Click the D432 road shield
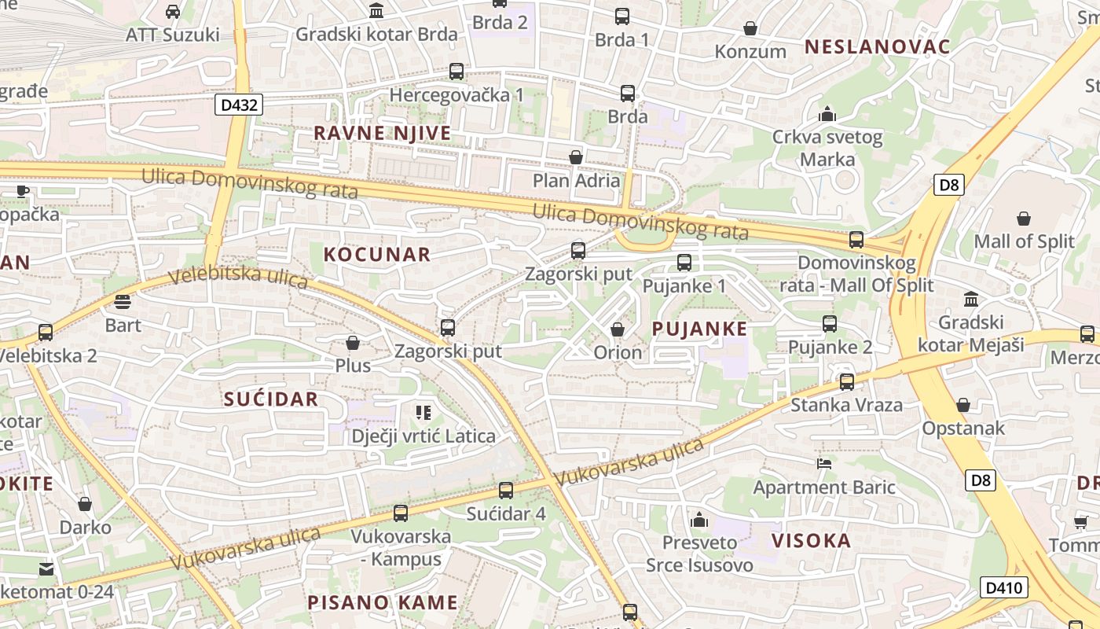[238, 104]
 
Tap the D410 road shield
[1003, 587]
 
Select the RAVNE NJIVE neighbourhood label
[383, 133]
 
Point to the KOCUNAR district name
[377, 254]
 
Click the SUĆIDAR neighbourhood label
[271, 399]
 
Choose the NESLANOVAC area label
[877, 46]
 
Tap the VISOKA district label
[811, 540]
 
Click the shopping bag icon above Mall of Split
[1024, 218]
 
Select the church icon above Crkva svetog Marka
[827, 115]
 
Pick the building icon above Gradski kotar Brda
[376, 11]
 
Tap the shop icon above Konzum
[750, 28]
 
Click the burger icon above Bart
[123, 301]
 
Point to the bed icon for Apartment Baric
[824, 464]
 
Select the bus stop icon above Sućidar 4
[506, 490]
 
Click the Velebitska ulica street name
[238, 278]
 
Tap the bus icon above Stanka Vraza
[846, 382]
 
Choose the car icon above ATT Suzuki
[173, 12]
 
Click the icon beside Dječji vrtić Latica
[423, 413]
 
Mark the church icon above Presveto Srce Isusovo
[698, 520]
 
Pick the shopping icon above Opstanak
[963, 405]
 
